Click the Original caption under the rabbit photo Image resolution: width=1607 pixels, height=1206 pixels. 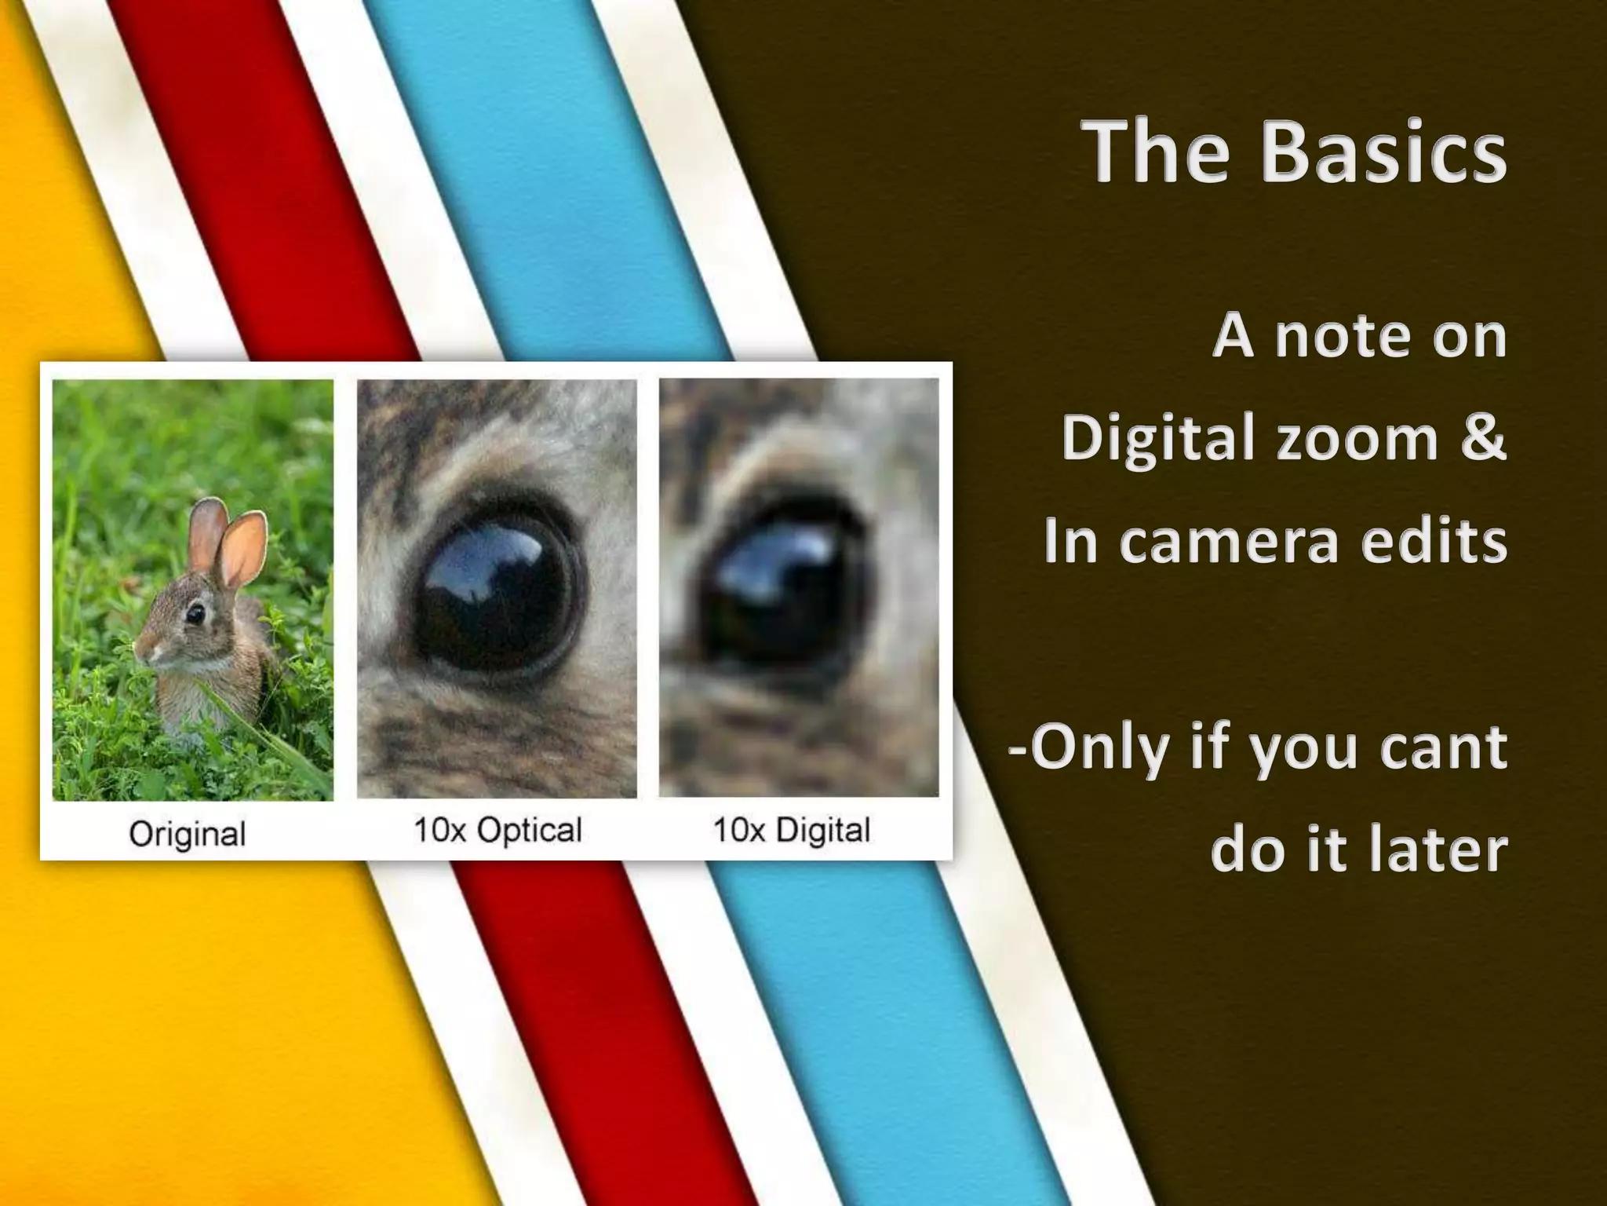(x=188, y=834)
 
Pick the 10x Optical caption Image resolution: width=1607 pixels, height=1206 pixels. (x=497, y=830)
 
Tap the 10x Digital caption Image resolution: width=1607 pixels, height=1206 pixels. (x=792, y=830)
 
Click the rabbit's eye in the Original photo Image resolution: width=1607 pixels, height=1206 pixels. (x=194, y=613)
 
